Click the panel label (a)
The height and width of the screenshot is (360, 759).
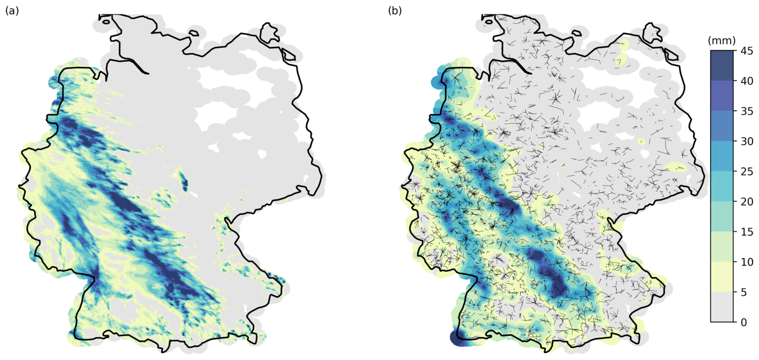(x=12, y=10)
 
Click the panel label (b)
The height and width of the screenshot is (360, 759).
(x=395, y=10)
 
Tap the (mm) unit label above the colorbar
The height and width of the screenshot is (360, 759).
(x=721, y=40)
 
